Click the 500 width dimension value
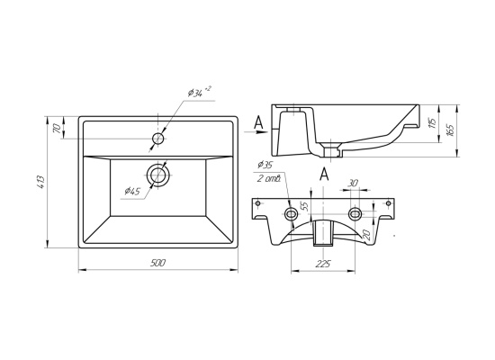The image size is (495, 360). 158,263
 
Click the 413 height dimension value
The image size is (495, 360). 41,182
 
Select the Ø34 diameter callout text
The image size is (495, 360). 199,92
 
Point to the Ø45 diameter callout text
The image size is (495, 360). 132,191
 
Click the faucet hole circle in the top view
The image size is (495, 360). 157,139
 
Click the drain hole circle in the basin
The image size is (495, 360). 157,175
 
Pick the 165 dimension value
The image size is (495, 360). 451,130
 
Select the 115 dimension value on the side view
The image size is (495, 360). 433,123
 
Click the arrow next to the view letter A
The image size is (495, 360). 256,132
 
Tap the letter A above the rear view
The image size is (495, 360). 324,175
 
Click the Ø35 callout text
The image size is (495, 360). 265,165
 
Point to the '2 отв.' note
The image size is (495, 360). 269,179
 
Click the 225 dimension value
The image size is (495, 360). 322,263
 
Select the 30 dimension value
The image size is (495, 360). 354,183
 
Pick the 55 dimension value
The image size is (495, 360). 304,206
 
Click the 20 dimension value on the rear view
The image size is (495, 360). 366,234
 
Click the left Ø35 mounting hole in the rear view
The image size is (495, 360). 291,214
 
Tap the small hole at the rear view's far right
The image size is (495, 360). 389,203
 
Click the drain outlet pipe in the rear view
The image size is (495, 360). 323,233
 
